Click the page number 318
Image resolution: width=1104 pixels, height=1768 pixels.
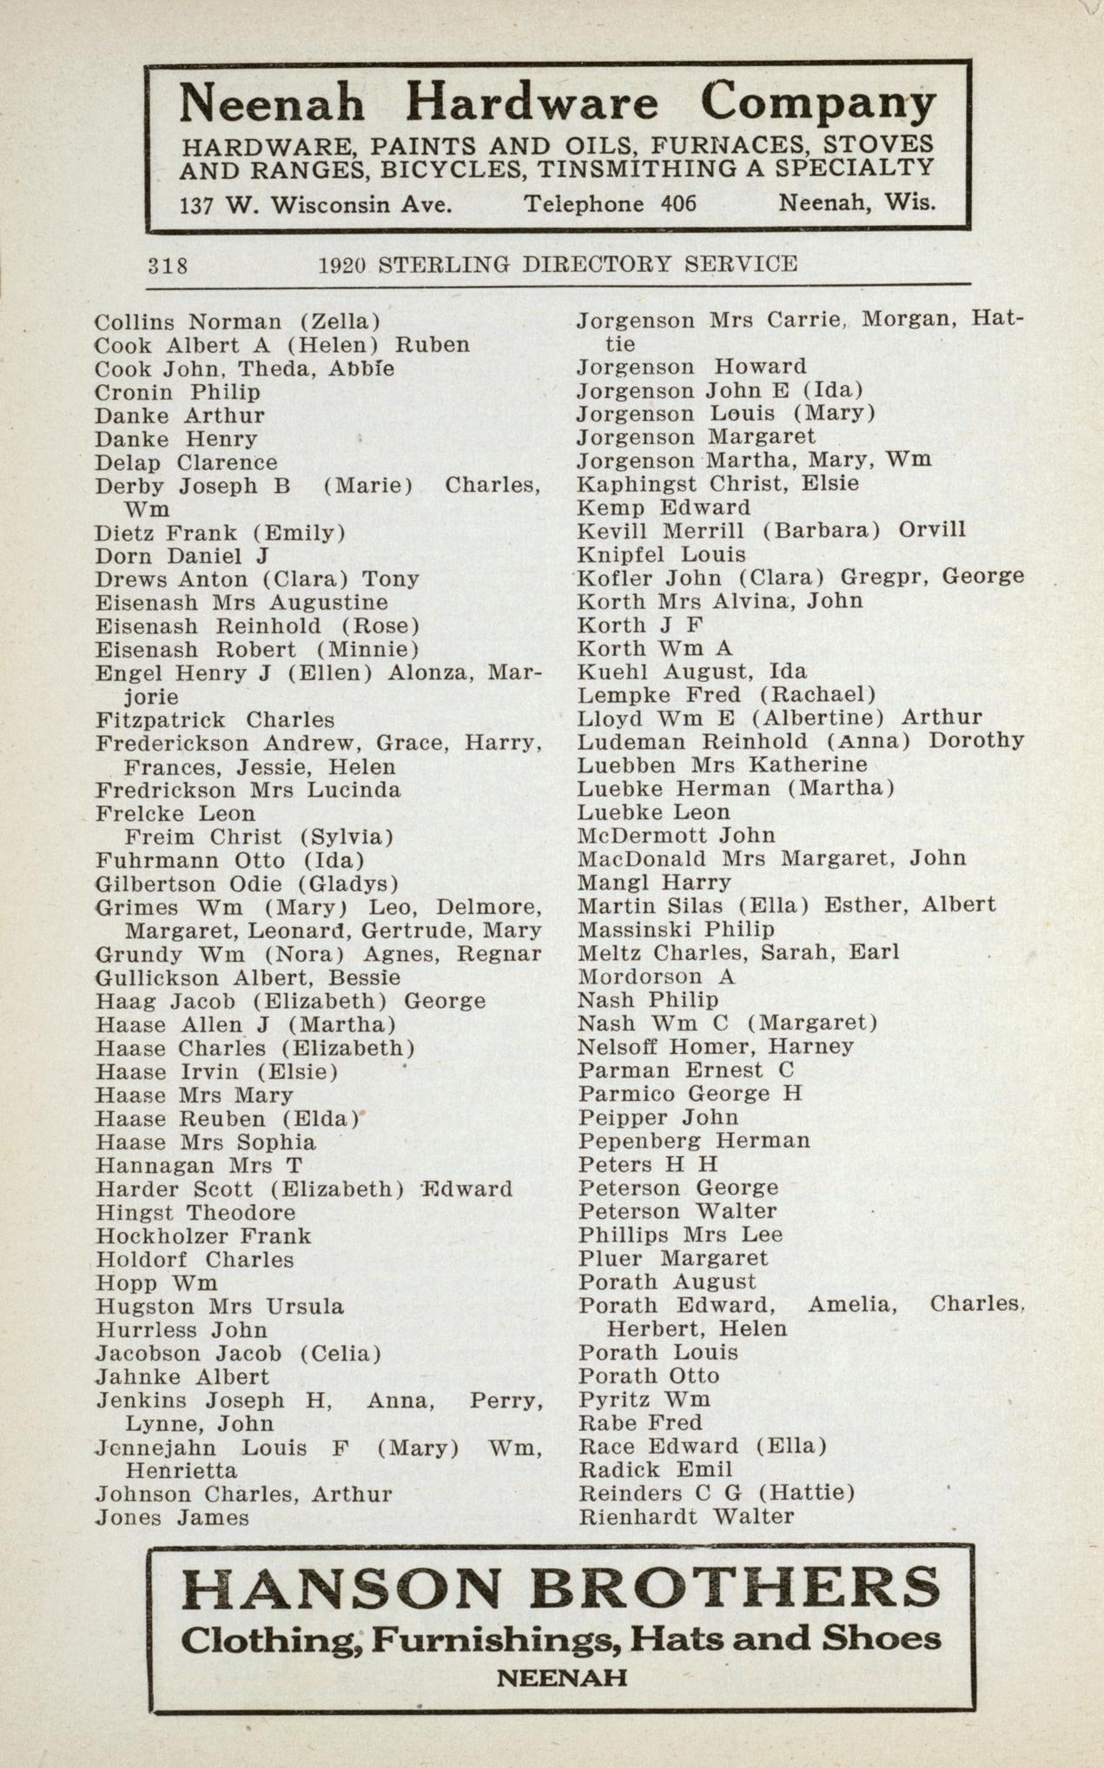pyautogui.click(x=168, y=265)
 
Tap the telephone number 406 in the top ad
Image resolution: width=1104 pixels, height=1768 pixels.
pyautogui.click(x=678, y=204)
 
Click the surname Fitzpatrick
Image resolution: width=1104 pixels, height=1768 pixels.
pyautogui.click(x=161, y=720)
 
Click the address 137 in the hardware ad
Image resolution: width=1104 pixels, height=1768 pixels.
pyautogui.click(x=197, y=205)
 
